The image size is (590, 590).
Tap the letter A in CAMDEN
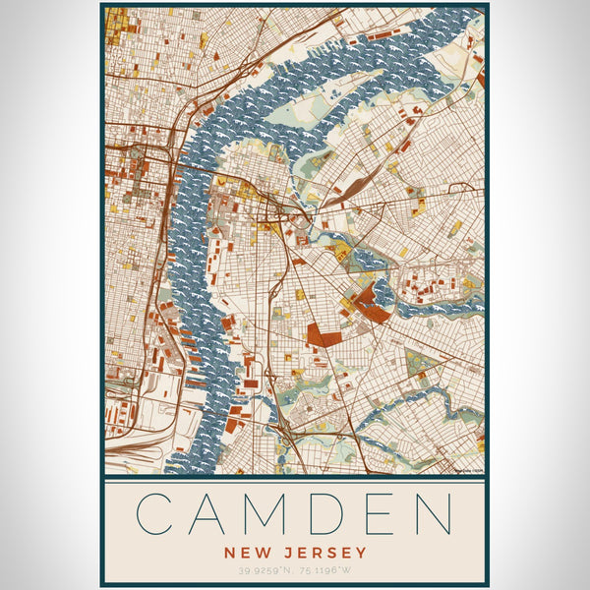pyautogui.click(x=213, y=513)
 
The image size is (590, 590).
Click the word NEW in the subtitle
pyautogui.click(x=246, y=553)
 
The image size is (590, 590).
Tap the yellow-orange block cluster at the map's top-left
pyautogui.click(x=117, y=25)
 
